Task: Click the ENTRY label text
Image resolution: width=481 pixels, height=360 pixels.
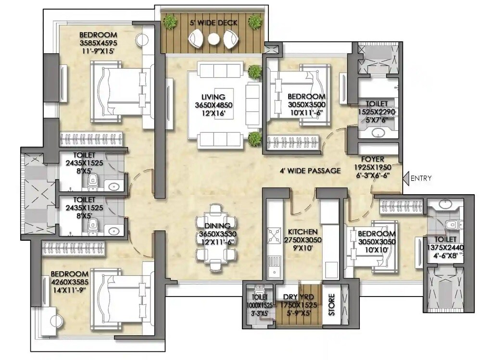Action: pos(421,178)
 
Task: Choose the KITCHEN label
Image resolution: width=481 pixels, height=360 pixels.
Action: pos(303,231)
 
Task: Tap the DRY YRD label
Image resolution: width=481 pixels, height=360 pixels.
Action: pos(291,297)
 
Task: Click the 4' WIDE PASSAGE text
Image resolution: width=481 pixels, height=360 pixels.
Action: pos(310,171)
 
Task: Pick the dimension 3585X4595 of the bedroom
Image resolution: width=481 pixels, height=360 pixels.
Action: pos(98,42)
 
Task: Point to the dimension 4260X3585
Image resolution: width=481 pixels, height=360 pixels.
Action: pos(70,282)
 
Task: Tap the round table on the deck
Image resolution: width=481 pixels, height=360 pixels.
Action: pos(214,39)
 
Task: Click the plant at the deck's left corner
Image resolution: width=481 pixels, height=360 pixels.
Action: pos(169,22)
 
